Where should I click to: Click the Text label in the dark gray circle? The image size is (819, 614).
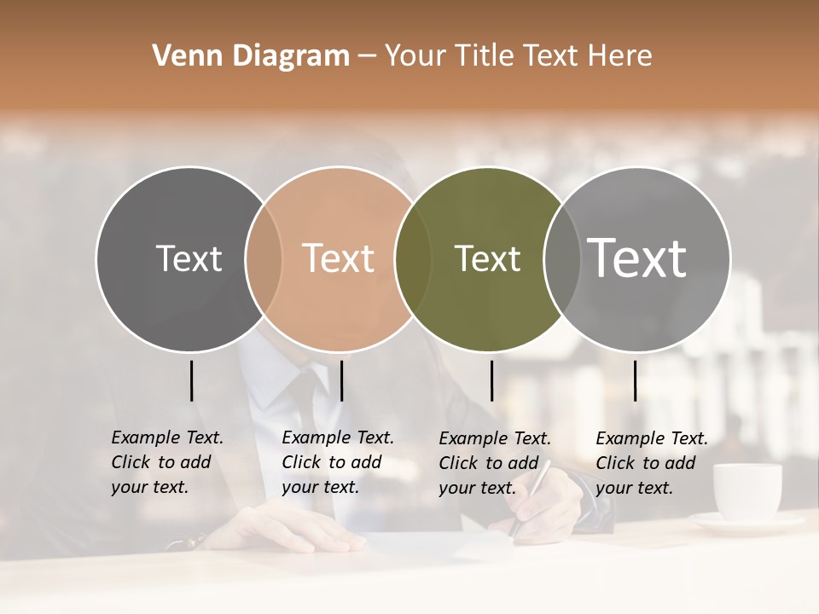click(189, 258)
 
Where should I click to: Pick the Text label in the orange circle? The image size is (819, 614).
click(338, 258)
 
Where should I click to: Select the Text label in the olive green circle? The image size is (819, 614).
click(487, 258)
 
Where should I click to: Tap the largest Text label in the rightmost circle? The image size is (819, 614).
click(636, 258)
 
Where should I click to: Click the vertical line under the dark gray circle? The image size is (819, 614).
click(191, 380)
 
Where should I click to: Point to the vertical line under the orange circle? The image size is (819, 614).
click(341, 380)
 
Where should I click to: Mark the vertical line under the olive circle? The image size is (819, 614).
click(491, 380)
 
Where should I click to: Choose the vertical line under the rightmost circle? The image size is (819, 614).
click(635, 380)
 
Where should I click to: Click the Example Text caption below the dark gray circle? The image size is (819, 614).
click(166, 462)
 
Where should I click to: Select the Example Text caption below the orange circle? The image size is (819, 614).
click(337, 462)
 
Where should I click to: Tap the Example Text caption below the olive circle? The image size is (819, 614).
click(494, 463)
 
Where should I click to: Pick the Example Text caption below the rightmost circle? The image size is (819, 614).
click(651, 463)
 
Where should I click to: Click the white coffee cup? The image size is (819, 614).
click(746, 492)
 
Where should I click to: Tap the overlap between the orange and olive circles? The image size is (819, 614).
click(413, 258)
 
